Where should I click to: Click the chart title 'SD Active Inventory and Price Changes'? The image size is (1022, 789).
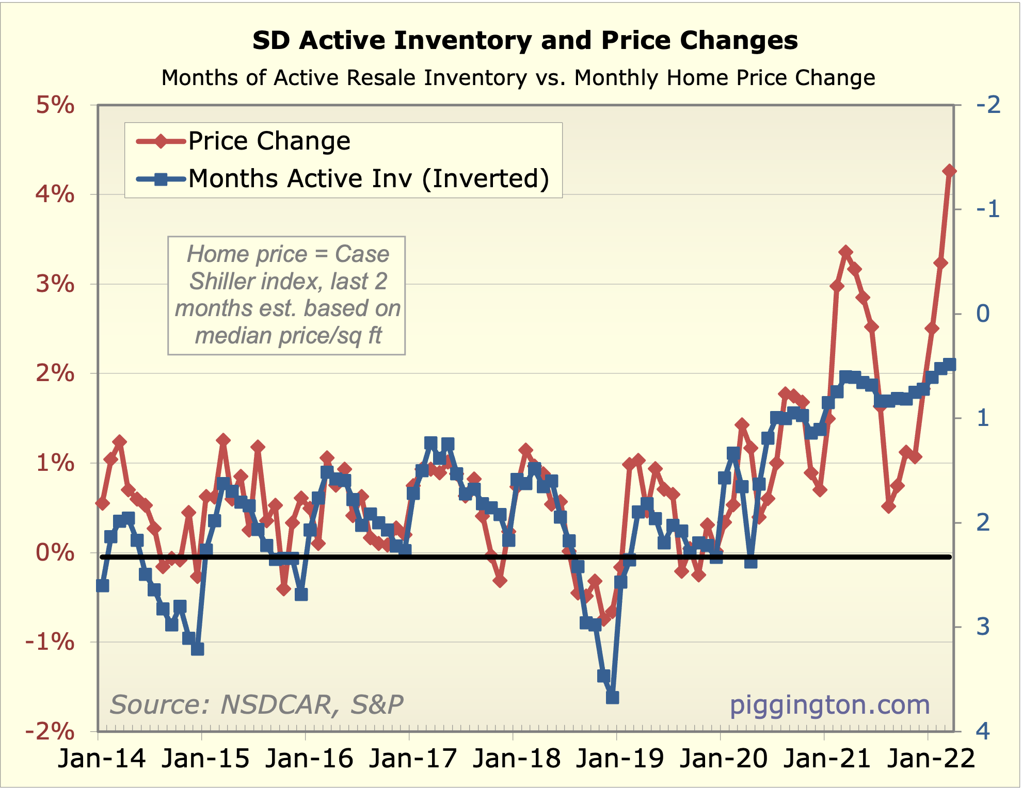point(525,40)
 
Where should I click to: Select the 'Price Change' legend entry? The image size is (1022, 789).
point(269,141)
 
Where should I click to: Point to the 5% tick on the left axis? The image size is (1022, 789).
point(55,105)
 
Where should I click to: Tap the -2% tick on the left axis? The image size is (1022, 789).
point(50,731)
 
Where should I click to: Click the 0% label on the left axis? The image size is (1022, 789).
point(55,552)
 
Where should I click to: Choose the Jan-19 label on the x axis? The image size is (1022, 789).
point(619,759)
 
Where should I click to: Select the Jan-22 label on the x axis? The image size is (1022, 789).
point(931,759)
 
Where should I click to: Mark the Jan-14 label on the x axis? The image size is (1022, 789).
point(102,759)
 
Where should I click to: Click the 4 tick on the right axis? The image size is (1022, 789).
point(983,731)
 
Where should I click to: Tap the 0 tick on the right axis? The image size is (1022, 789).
point(983,314)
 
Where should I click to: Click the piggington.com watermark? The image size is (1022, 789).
point(829,704)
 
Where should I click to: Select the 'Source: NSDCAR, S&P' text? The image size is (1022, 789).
point(257,704)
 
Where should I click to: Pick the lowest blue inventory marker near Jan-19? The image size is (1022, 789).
point(612,698)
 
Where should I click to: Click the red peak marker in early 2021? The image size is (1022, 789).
point(845,252)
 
